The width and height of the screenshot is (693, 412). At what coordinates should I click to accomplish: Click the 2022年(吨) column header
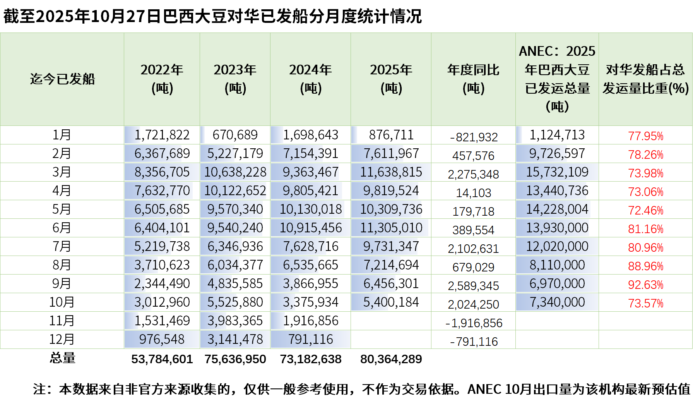[x=162, y=79]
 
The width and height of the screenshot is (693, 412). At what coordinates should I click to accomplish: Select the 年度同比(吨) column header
[x=473, y=79]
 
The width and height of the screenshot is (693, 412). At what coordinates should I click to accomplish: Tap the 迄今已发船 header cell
[x=62, y=79]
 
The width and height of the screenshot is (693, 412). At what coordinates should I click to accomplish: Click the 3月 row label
[x=62, y=172]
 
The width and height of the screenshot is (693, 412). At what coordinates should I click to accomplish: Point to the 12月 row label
[x=62, y=339]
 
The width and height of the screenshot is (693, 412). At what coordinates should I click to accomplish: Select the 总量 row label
[x=62, y=358]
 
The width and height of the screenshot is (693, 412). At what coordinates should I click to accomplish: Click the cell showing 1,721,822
[x=162, y=135]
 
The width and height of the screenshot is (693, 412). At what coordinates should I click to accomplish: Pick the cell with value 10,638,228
[x=235, y=172]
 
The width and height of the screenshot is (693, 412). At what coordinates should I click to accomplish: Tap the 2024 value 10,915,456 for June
[x=311, y=228]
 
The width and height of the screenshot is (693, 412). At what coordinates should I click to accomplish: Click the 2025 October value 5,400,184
[x=391, y=302]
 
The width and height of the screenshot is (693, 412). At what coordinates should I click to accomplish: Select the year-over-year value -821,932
[x=474, y=137]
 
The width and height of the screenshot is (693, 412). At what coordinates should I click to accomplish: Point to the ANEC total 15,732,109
[x=557, y=172]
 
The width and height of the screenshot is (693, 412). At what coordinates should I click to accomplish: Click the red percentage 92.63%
[x=645, y=285]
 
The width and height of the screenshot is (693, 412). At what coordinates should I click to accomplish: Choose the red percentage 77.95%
[x=645, y=136]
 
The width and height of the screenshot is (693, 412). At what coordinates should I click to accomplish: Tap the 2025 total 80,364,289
[x=391, y=359]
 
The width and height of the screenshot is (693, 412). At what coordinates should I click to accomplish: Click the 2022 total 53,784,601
[x=162, y=359]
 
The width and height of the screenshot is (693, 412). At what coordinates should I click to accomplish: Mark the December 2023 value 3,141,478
[x=235, y=339]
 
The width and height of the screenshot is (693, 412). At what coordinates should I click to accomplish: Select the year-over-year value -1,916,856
[x=474, y=323]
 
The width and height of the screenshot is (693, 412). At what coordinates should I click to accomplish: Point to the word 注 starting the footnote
[x=39, y=389]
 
